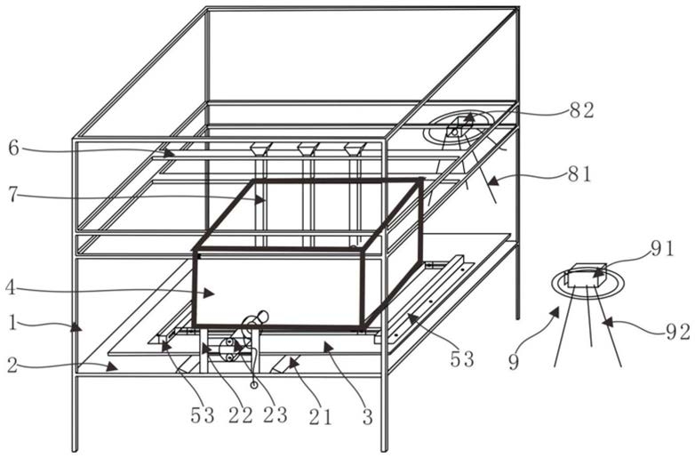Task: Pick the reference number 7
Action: click(x=13, y=195)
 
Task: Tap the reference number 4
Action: click(x=12, y=286)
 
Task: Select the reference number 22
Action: click(x=240, y=414)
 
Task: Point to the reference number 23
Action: click(x=276, y=414)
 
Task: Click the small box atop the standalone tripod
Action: click(x=585, y=274)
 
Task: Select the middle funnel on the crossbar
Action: click(x=308, y=149)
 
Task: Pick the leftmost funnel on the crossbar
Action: click(x=260, y=149)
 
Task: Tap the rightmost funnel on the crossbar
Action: click(x=355, y=149)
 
